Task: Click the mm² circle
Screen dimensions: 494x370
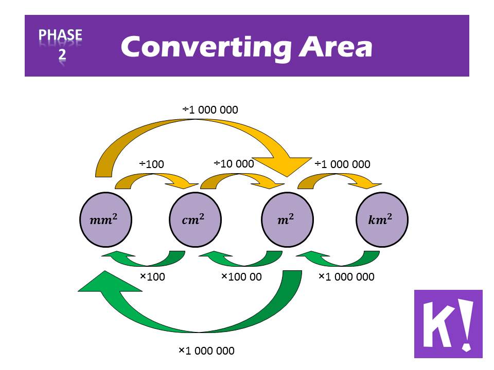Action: (105, 219)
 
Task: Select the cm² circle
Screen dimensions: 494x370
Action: (196, 219)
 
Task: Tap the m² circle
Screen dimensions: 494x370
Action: (287, 219)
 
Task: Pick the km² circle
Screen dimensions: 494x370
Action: (382, 219)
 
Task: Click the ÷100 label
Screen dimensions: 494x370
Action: (151, 164)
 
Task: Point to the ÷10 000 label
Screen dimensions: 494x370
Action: (234, 163)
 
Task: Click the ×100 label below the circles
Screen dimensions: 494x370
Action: (152, 276)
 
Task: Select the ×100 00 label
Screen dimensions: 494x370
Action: (242, 276)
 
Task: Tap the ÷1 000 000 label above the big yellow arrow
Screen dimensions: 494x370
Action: (210, 110)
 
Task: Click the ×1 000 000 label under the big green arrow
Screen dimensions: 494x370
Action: (206, 350)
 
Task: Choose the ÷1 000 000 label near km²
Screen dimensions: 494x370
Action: (343, 164)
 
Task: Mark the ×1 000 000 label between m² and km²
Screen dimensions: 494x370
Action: (346, 276)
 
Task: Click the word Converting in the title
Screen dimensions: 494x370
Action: (206, 48)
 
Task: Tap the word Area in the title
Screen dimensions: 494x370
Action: (336, 47)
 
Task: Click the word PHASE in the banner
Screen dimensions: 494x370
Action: (60, 34)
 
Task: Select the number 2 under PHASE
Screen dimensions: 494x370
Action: (62, 54)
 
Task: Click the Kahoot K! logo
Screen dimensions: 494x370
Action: (448, 324)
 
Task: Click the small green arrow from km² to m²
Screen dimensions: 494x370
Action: (338, 258)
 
